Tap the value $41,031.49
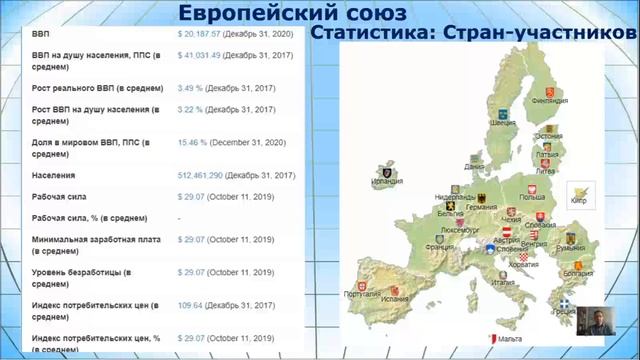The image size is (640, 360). coord(199,56)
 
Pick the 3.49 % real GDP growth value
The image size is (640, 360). coord(192,88)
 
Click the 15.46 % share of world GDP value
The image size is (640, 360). coord(194,144)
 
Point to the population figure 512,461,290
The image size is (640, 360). coord(199,175)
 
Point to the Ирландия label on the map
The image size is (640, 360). coord(385,181)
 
